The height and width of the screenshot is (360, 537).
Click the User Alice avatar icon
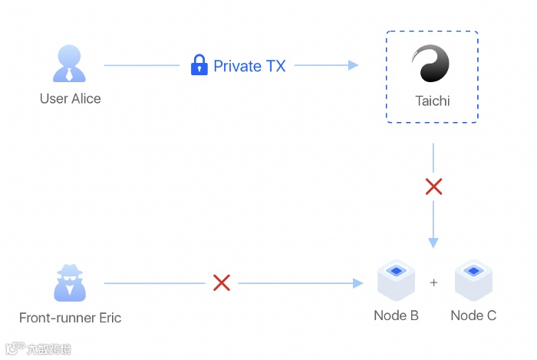point(70,64)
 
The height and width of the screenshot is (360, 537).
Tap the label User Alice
point(70,98)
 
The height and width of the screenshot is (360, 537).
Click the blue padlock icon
point(199,65)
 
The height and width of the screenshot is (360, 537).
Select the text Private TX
point(249,66)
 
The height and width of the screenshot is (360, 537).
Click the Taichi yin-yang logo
point(431,64)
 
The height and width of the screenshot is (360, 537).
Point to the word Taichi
point(432,101)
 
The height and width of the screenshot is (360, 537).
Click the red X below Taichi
point(433,187)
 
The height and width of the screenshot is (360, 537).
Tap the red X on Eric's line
point(222,283)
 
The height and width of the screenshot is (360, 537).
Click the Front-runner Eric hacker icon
point(70,282)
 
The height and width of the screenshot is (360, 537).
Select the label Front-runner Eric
point(70,318)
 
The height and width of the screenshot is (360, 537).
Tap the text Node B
point(396,315)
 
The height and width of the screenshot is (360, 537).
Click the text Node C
point(473,315)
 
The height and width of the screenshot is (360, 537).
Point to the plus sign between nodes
point(434,282)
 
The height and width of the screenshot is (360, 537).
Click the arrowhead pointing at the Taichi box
point(354,65)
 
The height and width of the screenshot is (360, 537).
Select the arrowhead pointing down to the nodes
point(433,243)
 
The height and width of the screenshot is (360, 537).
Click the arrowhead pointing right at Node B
point(357,283)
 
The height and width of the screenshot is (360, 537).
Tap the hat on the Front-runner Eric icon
point(70,269)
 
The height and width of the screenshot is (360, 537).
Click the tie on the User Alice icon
point(70,75)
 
